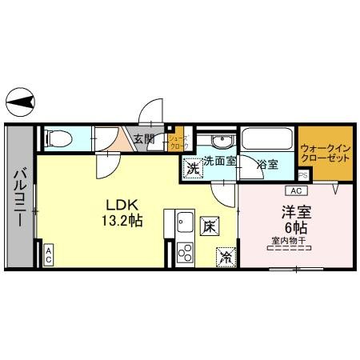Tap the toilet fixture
click(x=58, y=139)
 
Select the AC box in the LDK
click(x=48, y=255)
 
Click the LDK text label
click(x=122, y=202)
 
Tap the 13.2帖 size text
click(x=122, y=219)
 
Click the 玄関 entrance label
click(x=144, y=139)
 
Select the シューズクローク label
click(x=178, y=142)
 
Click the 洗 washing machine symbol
click(x=192, y=168)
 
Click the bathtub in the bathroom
click(x=266, y=139)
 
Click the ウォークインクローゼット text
click(x=325, y=152)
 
